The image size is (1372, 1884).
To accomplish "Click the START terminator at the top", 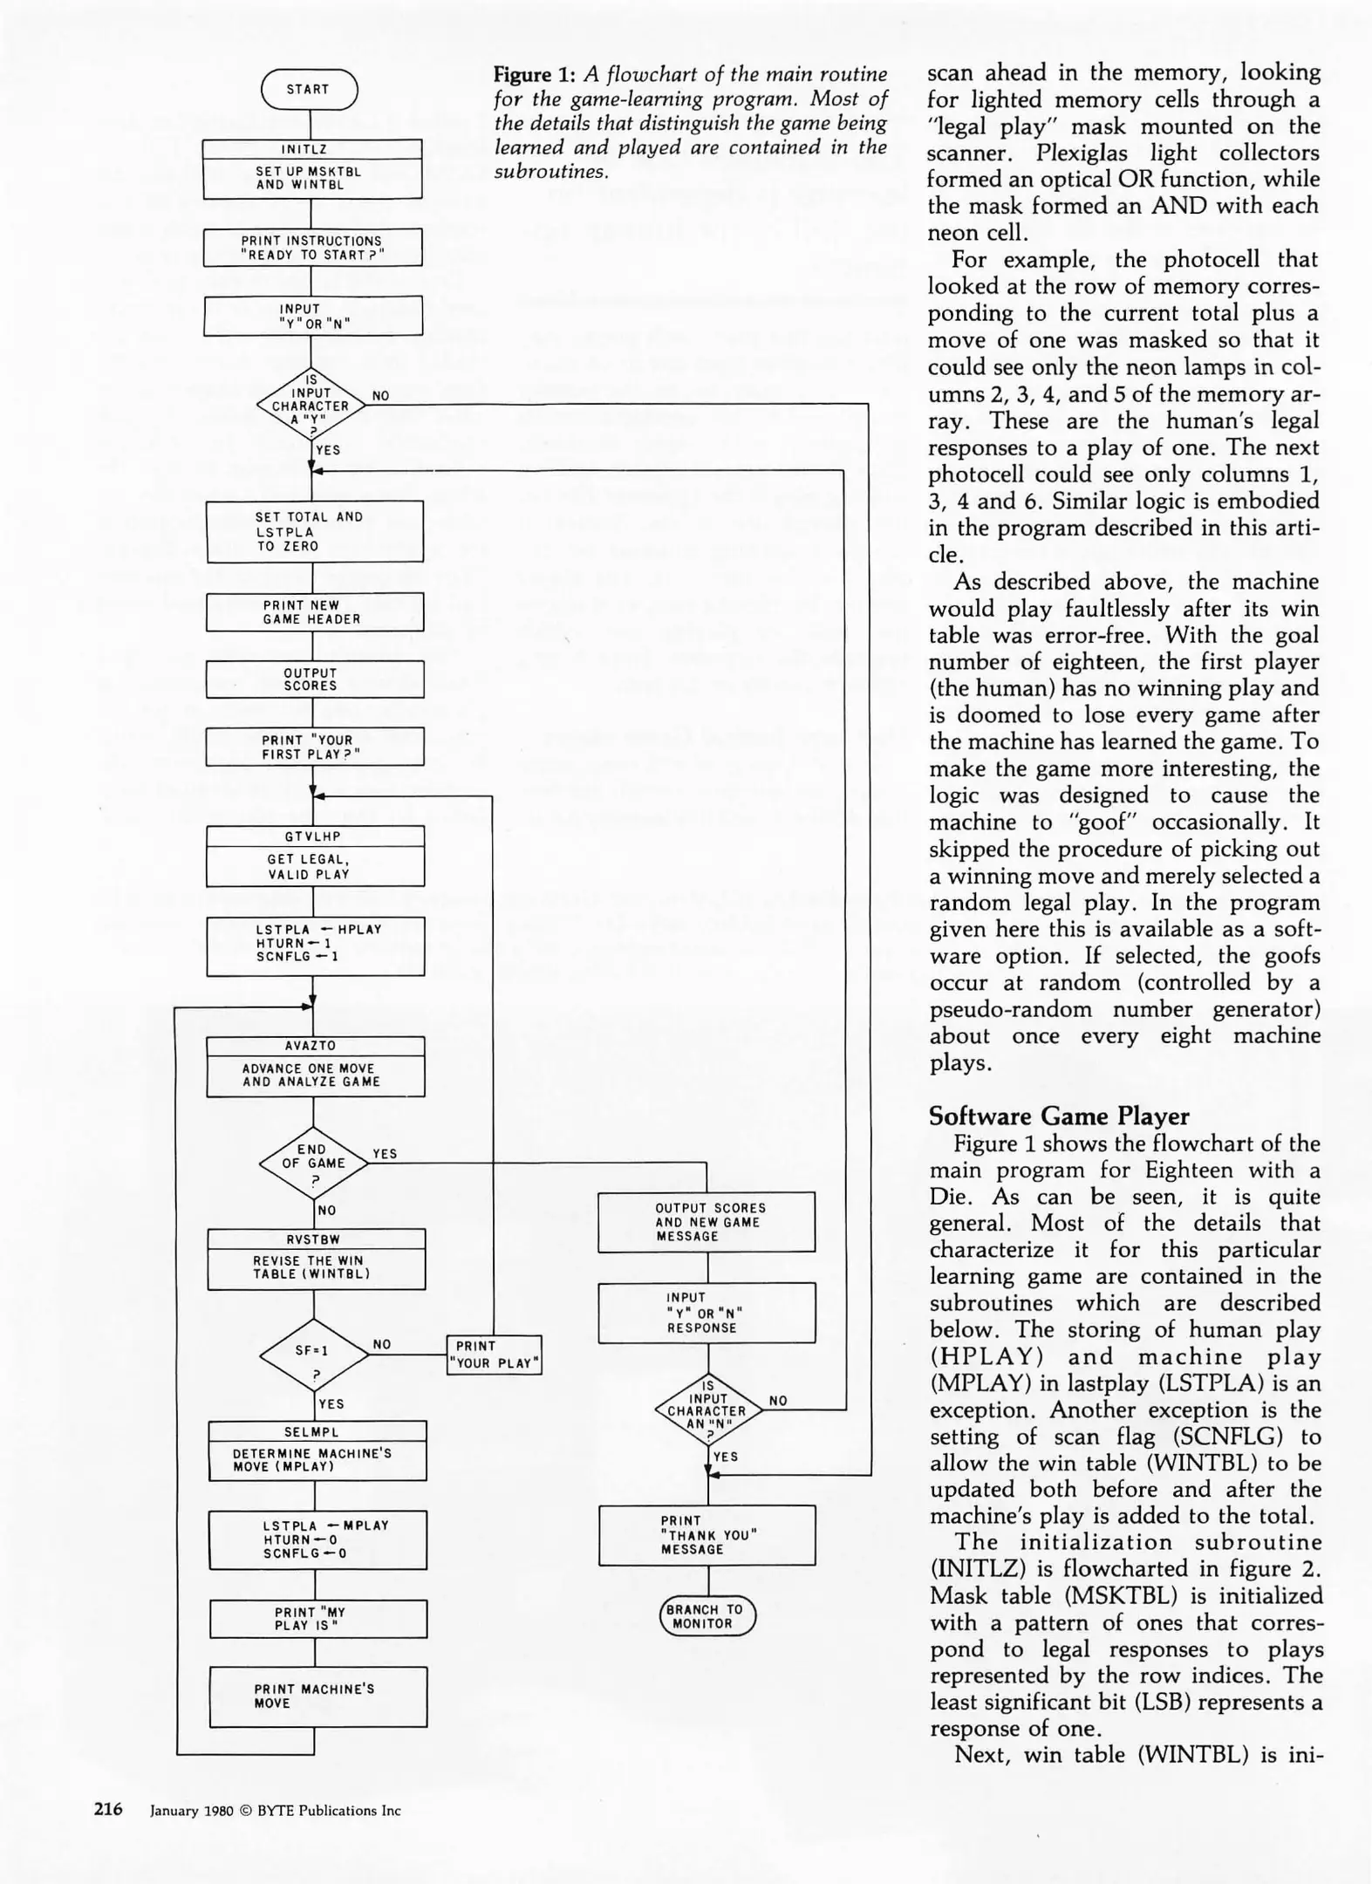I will click(x=309, y=90).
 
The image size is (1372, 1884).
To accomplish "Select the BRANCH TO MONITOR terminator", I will click(x=706, y=1616).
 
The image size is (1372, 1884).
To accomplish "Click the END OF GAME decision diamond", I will click(x=313, y=1164).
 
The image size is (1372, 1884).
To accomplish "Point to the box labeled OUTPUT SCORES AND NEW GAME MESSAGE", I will click(x=706, y=1222).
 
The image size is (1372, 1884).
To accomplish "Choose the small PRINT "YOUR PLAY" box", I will click(x=494, y=1355).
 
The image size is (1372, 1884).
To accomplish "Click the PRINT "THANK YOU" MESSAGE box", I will click(x=706, y=1535).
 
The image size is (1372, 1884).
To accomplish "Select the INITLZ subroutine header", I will click(x=312, y=149).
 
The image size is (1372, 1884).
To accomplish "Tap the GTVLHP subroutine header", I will click(x=314, y=836).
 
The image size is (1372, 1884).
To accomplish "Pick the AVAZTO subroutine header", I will click(x=315, y=1046).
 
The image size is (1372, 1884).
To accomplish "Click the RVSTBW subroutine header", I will click(x=316, y=1239).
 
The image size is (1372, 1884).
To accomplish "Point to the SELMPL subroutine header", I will click(x=317, y=1431).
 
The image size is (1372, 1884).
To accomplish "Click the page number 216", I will click(x=108, y=1809).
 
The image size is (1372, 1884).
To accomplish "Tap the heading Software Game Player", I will click(x=1059, y=1116).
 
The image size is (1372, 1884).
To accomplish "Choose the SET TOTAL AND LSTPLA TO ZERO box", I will click(x=314, y=531).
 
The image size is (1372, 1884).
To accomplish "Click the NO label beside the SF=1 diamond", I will click(x=382, y=1344).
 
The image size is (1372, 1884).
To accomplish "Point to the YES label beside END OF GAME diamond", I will click(x=385, y=1153).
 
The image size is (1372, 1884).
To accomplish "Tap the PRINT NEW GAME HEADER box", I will click(x=314, y=612).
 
